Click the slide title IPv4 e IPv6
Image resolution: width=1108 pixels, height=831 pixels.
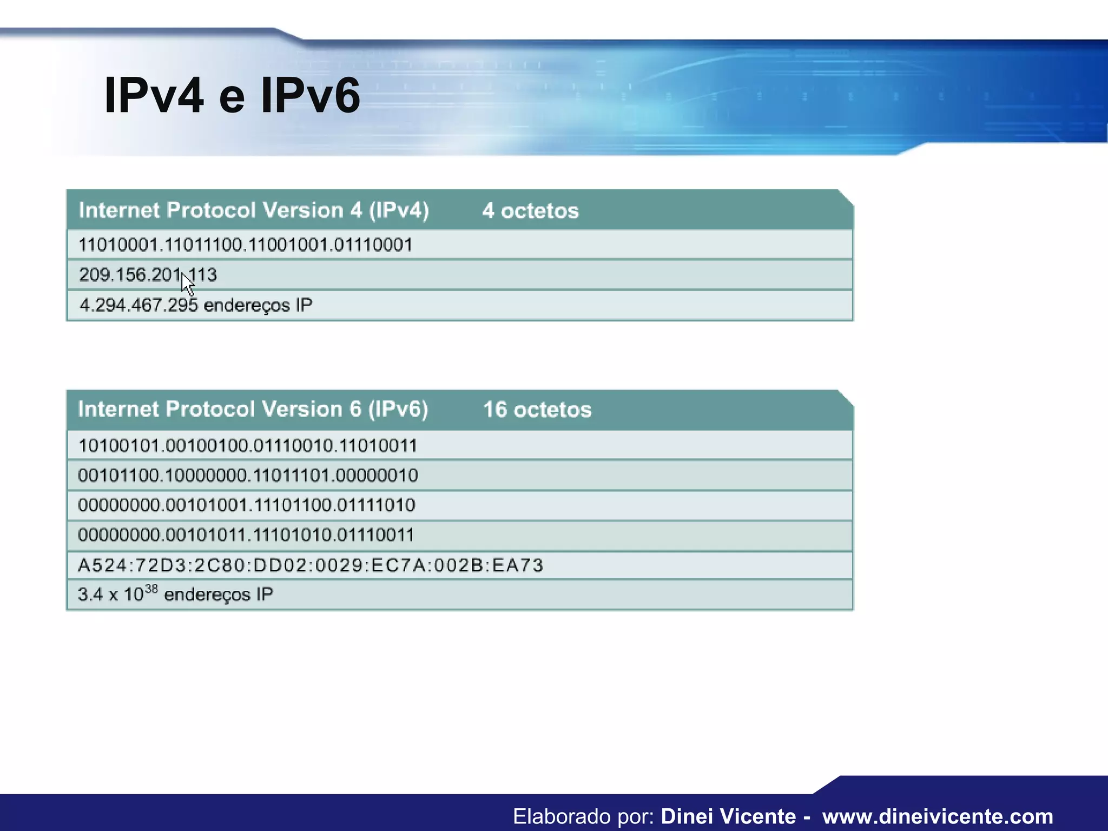(232, 96)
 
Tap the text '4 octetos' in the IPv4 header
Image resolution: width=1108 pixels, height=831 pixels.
(530, 210)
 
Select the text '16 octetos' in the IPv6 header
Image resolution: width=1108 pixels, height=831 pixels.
(537, 410)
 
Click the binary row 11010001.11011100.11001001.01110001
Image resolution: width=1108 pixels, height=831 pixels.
(246, 245)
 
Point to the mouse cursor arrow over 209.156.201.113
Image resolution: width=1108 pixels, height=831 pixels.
(187, 283)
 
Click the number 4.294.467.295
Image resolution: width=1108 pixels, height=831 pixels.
(138, 305)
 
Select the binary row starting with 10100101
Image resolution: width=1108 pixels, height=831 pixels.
(248, 446)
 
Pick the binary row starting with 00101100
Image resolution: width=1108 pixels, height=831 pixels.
(248, 476)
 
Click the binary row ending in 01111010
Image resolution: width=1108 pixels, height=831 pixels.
(247, 505)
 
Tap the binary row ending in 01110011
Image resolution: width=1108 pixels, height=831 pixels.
(246, 535)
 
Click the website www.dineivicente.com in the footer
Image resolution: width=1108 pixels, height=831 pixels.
(938, 816)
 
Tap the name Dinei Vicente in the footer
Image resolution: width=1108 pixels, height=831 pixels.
(728, 816)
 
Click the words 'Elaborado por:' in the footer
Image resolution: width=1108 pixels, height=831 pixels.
(584, 816)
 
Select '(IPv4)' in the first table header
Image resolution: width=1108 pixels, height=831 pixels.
(399, 210)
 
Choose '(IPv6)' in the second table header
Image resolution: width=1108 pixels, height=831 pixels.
(398, 409)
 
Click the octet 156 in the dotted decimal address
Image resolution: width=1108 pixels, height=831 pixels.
(130, 275)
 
